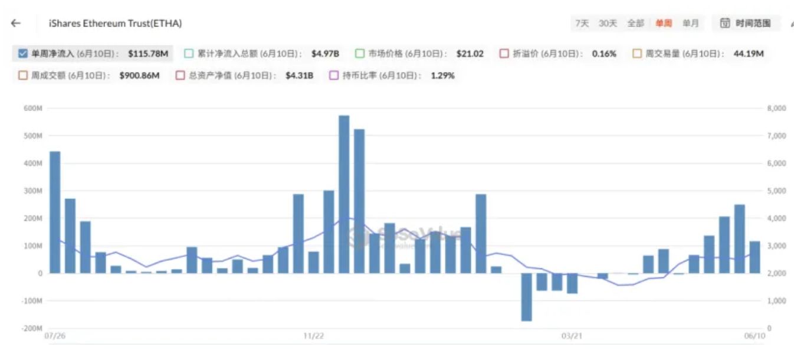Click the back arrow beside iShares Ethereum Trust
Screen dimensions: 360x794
(16, 24)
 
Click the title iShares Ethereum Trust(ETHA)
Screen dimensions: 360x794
(115, 24)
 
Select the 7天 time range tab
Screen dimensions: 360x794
(582, 24)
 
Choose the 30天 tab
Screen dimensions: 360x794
(608, 24)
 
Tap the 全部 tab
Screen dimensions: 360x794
(635, 24)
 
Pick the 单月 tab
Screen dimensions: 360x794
(691, 24)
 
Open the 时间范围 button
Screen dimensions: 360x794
(746, 24)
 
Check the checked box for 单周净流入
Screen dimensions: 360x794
(23, 54)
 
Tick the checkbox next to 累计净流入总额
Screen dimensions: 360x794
(189, 54)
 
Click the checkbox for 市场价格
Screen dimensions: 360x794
(360, 54)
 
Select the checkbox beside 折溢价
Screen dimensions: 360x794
(504, 54)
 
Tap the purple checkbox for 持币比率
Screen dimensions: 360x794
(333, 76)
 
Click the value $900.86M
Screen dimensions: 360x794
(139, 76)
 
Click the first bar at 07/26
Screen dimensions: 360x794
(55, 212)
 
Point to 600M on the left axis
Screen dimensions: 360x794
(32, 109)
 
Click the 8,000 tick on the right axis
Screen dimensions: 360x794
(776, 109)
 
